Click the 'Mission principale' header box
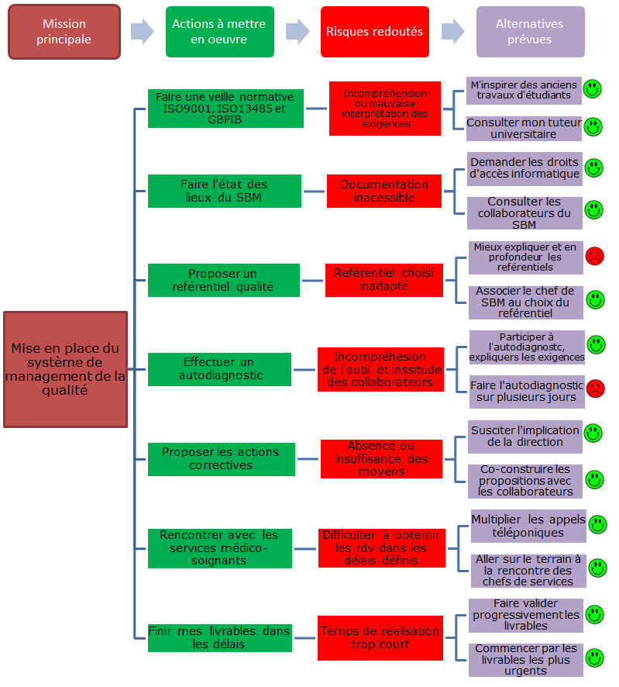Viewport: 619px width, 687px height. click(x=64, y=32)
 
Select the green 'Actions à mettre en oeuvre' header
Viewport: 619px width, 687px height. click(x=220, y=32)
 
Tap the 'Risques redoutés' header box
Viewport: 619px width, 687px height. click(x=375, y=32)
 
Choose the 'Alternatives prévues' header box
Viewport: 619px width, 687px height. click(x=531, y=32)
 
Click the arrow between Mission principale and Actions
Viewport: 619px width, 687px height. click(x=143, y=32)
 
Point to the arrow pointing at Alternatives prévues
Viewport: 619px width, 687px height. click(x=452, y=32)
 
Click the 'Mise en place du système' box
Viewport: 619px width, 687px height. click(x=65, y=369)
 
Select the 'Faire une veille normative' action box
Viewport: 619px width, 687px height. click(x=225, y=109)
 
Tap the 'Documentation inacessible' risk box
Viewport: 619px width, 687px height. click(x=384, y=191)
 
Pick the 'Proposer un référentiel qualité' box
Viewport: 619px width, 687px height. click(x=224, y=281)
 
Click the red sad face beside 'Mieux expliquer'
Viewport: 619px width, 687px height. click(x=594, y=256)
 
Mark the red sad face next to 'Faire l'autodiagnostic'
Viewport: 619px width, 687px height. click(x=595, y=388)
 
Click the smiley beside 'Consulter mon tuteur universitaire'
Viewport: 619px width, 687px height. click(x=593, y=127)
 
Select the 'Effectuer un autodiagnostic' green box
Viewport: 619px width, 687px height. click(x=219, y=369)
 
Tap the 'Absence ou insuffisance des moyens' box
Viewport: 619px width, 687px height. click(x=381, y=459)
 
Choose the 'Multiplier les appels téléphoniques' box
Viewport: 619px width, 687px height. click(x=528, y=526)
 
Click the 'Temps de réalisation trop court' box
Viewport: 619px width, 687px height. click(x=380, y=638)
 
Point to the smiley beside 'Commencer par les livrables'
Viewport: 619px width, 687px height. click(x=594, y=658)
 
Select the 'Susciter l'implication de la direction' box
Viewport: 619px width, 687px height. click(x=525, y=437)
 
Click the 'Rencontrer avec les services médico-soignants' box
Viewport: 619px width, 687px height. click(x=220, y=548)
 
